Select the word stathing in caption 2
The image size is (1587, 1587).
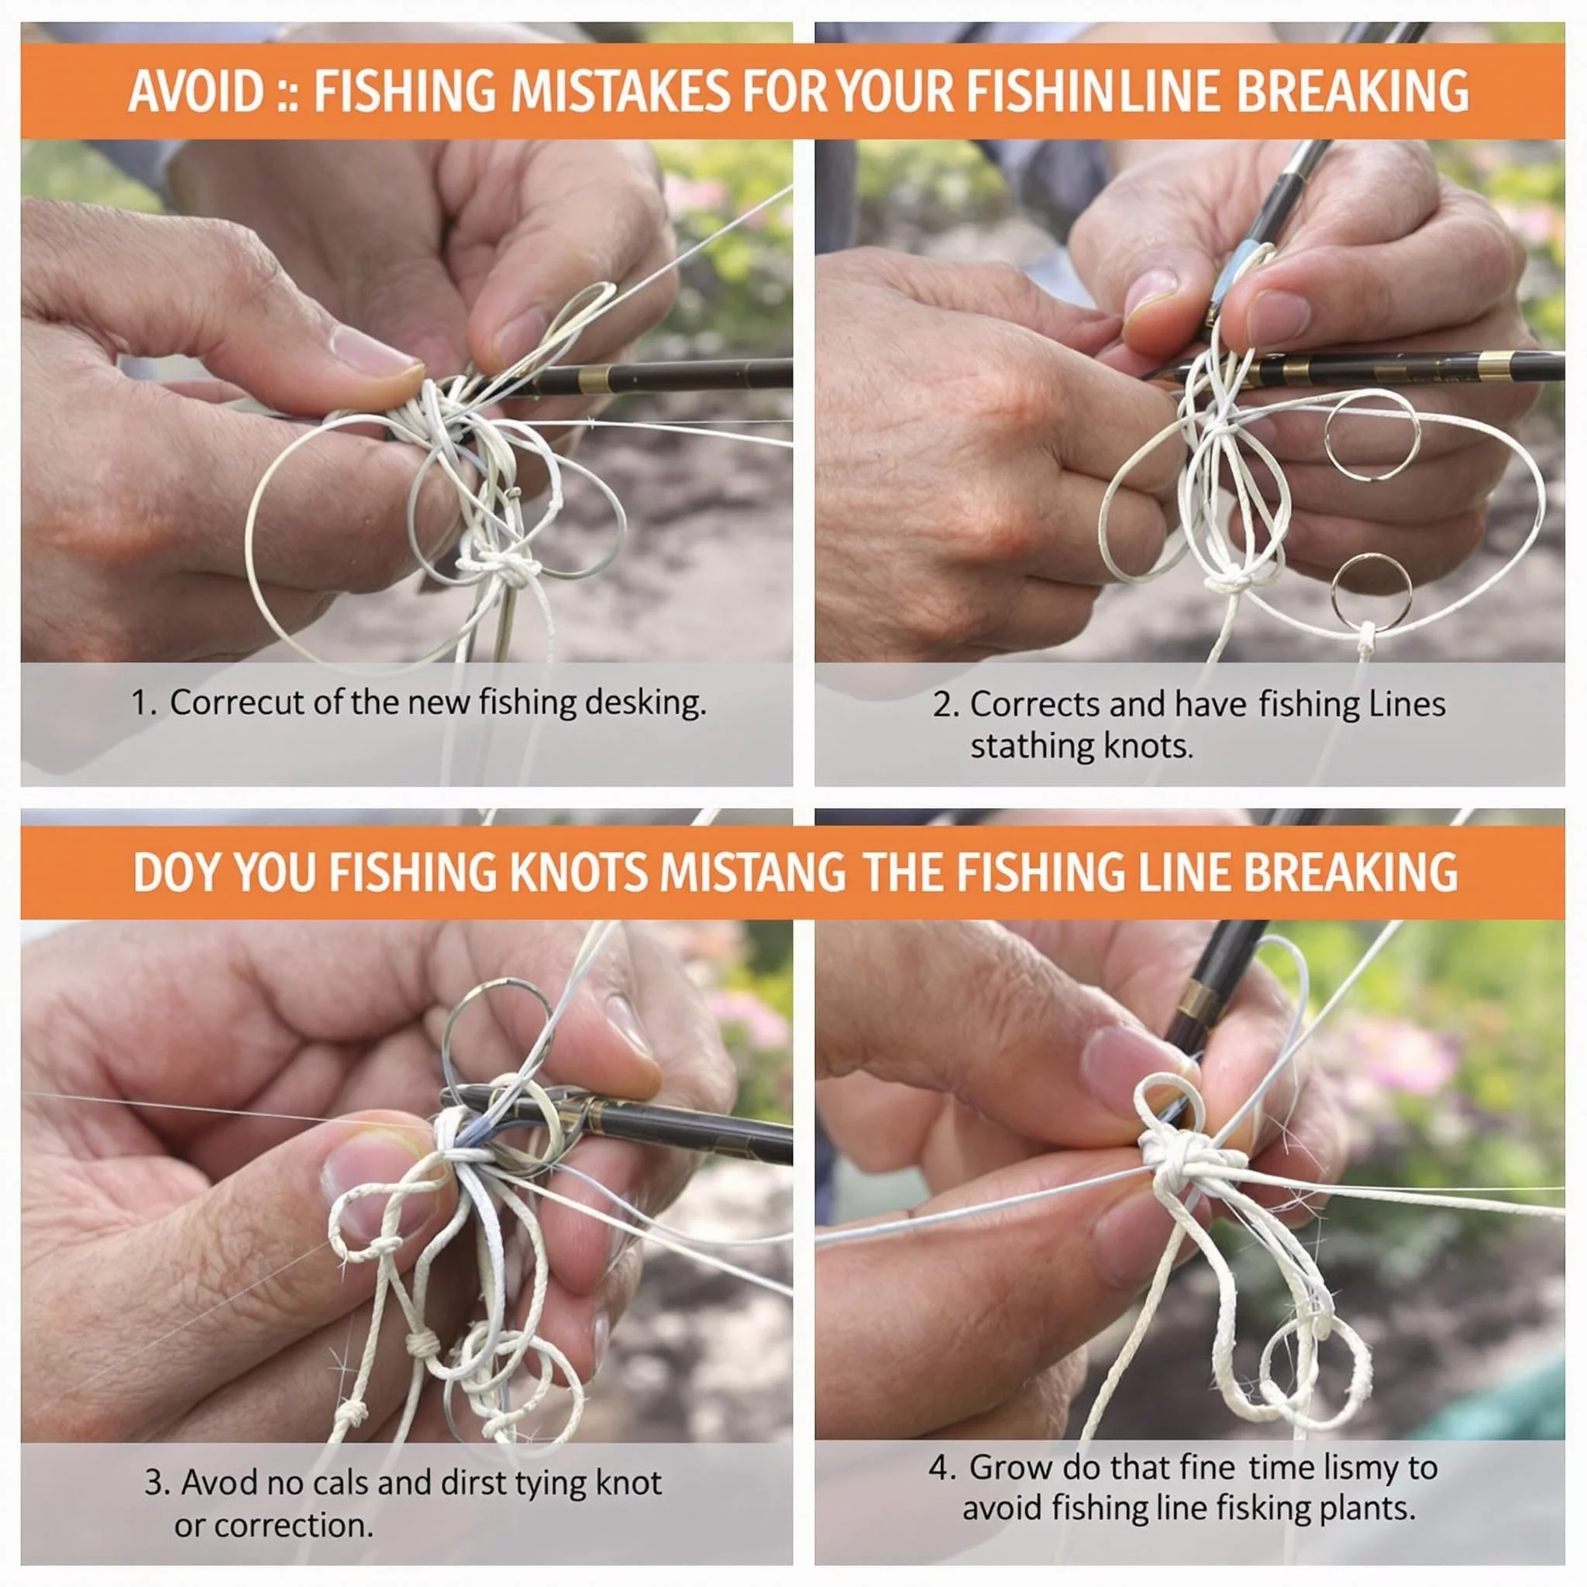[x=1031, y=748]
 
